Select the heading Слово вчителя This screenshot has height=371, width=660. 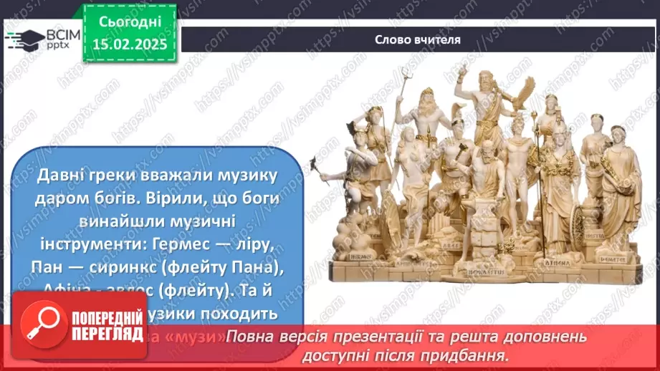coord(416,39)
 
